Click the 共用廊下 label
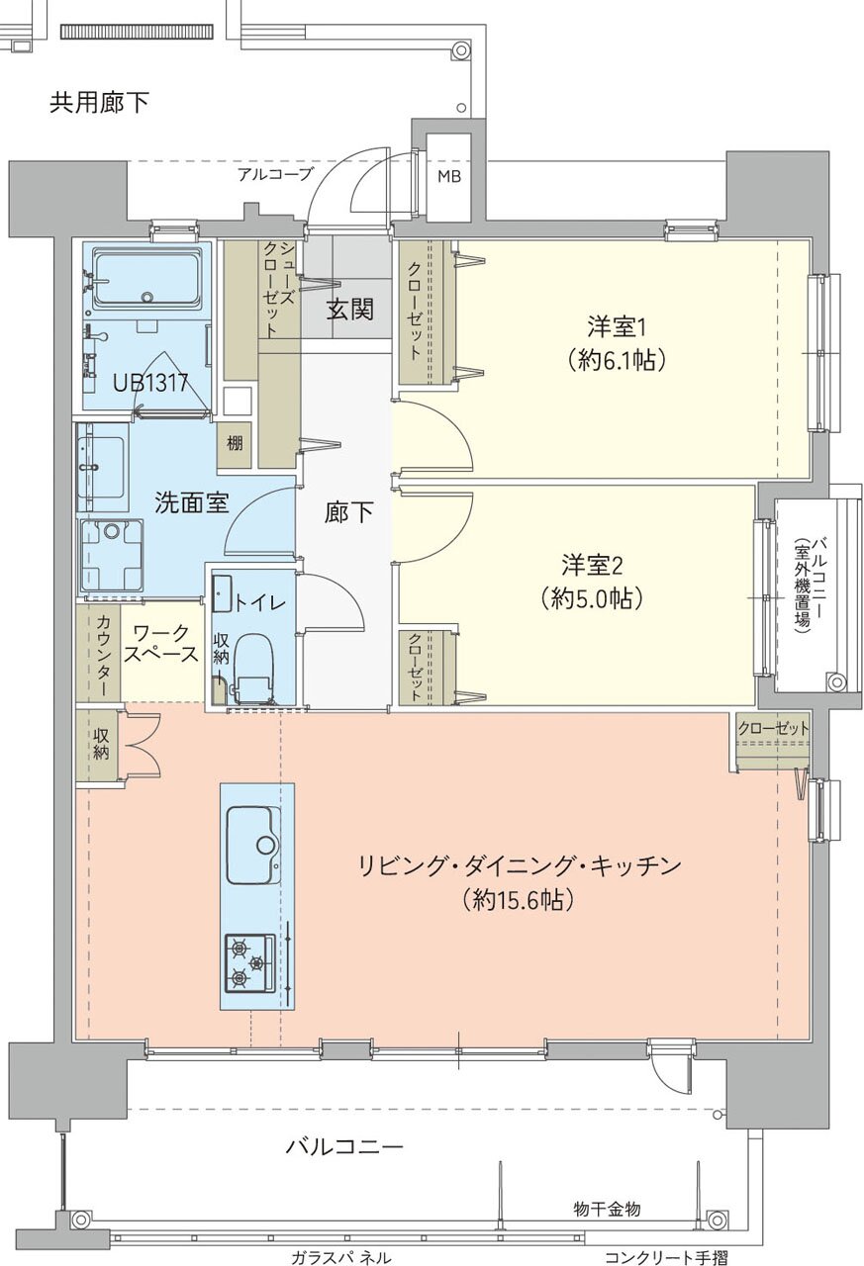[x=99, y=102]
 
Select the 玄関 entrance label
[x=350, y=310]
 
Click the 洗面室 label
[x=192, y=502]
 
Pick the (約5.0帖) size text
[x=592, y=597]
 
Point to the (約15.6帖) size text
[x=518, y=900]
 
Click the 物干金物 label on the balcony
[x=607, y=1209]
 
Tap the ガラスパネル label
[x=340, y=1257]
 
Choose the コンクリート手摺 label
[x=666, y=1257]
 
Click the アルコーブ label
[x=275, y=175]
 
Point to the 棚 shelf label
[x=235, y=443]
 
